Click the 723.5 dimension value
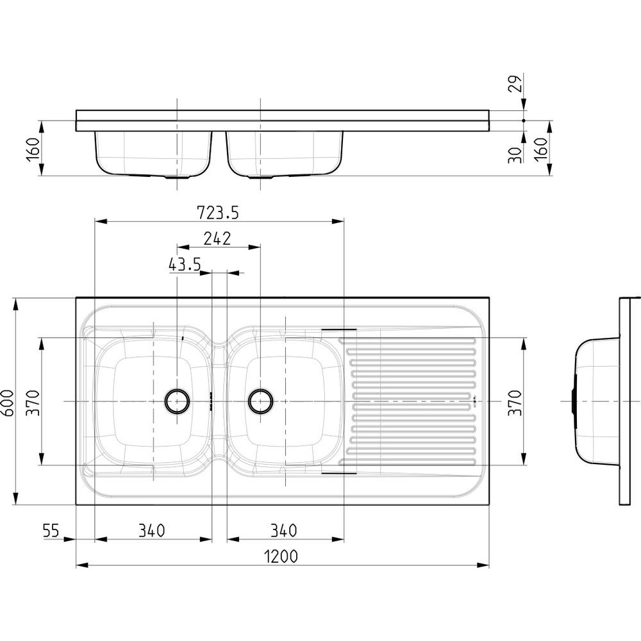click(217, 213)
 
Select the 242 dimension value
click(217, 238)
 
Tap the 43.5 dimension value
click(185, 265)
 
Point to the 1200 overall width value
click(281, 556)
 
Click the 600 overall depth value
click(8, 403)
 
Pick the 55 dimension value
click(51, 531)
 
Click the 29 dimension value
click(517, 83)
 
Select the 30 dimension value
click(515, 155)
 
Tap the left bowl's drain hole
click(177, 401)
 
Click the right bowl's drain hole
click(261, 401)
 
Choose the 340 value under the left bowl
click(152, 531)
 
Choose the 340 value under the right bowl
click(284, 531)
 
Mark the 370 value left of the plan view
click(33, 403)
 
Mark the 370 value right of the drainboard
click(515, 403)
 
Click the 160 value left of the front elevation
click(33, 149)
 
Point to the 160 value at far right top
click(540, 149)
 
